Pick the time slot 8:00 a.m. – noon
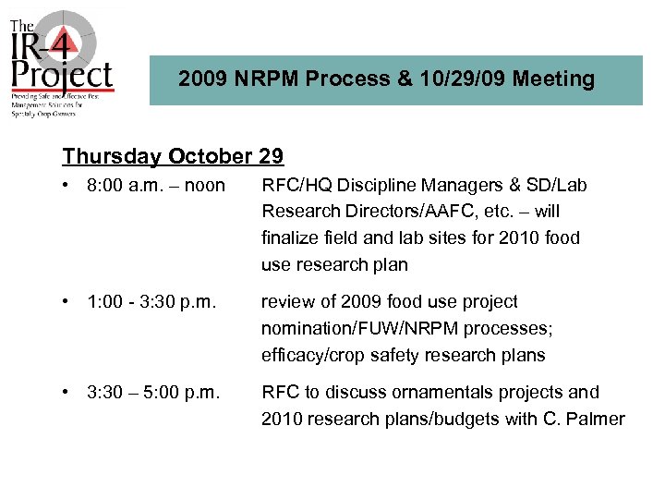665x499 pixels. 155,186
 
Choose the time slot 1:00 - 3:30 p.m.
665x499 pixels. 154,302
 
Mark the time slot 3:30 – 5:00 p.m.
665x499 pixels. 154,393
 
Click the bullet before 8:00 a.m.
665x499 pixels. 68,186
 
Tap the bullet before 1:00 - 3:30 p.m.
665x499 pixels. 68,302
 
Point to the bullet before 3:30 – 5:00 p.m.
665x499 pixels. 68,393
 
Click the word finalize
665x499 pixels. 291,238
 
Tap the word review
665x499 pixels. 287,302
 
